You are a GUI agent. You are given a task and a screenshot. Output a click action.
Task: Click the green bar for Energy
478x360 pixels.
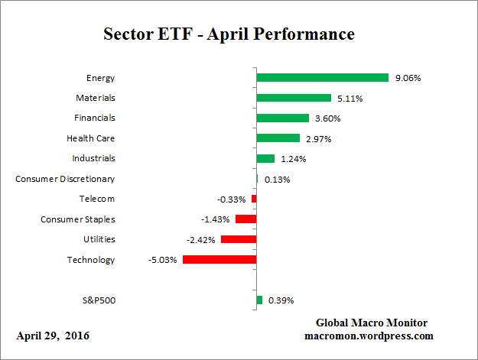(x=323, y=78)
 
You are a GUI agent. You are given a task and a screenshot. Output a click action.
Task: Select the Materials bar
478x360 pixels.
(x=294, y=98)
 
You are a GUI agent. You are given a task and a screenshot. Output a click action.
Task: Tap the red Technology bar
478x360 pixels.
(x=219, y=260)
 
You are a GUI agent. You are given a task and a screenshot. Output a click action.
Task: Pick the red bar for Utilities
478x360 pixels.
(x=239, y=239)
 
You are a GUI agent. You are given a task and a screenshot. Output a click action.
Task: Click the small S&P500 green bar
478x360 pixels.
(x=259, y=300)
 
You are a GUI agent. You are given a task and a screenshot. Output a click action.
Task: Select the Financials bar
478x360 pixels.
(x=282, y=118)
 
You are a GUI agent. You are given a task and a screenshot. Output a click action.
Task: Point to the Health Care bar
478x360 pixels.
(x=278, y=138)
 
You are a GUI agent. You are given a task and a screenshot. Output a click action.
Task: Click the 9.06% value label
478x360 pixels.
(x=408, y=78)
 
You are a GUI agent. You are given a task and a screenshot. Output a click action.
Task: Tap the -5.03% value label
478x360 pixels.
(x=161, y=260)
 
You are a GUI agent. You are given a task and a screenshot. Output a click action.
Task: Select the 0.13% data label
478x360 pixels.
(x=277, y=180)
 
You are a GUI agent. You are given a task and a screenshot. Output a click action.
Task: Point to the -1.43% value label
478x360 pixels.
(x=216, y=219)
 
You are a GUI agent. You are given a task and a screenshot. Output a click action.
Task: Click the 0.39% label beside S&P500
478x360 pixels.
(x=281, y=300)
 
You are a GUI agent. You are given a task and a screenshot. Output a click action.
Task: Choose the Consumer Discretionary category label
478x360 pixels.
(x=65, y=179)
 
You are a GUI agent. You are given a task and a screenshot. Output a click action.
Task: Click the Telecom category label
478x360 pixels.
(x=96, y=199)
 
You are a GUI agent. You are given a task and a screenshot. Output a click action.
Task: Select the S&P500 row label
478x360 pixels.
(x=98, y=300)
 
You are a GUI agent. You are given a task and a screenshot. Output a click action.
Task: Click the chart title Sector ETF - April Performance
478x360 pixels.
(x=228, y=34)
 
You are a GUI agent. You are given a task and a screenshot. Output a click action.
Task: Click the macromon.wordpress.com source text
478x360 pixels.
(x=370, y=336)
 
